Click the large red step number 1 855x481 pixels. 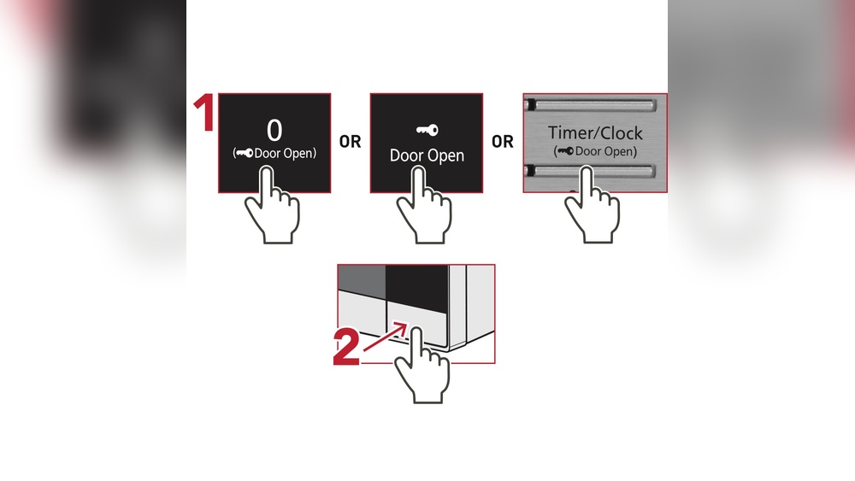point(203,115)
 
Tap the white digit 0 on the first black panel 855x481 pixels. point(274,130)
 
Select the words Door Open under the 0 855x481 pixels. point(284,153)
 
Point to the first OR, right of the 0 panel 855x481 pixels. point(351,143)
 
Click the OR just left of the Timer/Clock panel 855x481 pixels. point(503,143)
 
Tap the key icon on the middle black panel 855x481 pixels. point(427,130)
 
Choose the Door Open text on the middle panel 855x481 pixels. point(427,155)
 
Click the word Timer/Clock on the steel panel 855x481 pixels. point(595,134)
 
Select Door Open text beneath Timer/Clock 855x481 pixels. point(605,151)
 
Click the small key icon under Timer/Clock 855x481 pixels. point(565,151)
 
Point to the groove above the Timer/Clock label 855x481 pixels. point(595,106)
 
